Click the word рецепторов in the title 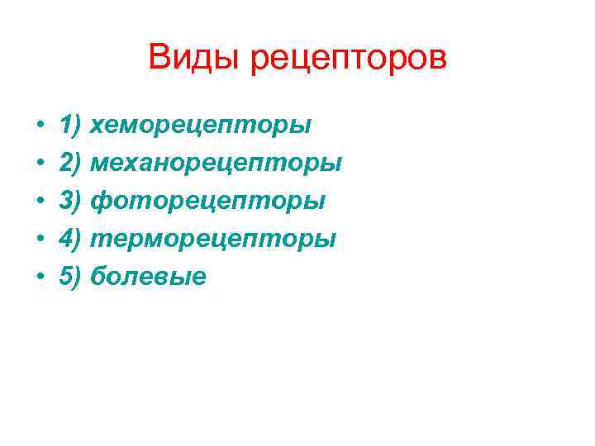[x=347, y=60]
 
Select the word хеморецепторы [x=200, y=126]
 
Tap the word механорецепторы [x=216, y=164]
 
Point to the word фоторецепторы [x=207, y=202]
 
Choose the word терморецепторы [x=212, y=240]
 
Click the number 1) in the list [x=71, y=126]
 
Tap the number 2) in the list [x=71, y=163]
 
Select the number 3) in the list [x=71, y=201]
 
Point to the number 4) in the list [x=71, y=239]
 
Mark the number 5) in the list [x=71, y=276]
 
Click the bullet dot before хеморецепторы [x=40, y=126]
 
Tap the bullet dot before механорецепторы [x=40, y=164]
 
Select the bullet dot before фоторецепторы [x=40, y=202]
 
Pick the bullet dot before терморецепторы [x=40, y=240]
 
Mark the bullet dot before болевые [x=40, y=277]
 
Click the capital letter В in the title [x=159, y=58]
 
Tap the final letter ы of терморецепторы [x=326, y=240]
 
